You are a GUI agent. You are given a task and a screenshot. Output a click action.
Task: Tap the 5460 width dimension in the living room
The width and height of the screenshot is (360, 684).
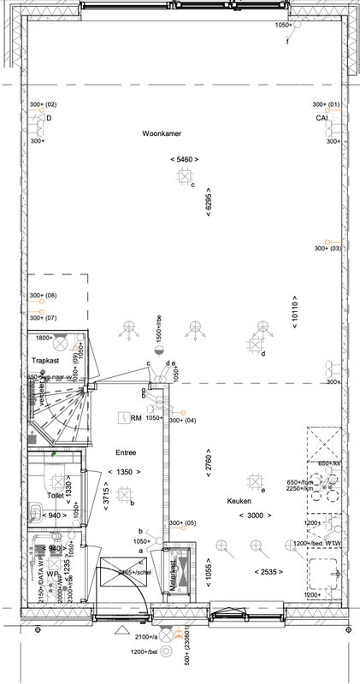pyautogui.click(x=185, y=160)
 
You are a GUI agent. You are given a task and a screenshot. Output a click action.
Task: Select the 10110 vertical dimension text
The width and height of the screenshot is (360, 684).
pyautogui.click(x=294, y=310)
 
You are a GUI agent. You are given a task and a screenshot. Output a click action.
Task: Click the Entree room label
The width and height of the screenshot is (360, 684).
pyautogui.click(x=127, y=451)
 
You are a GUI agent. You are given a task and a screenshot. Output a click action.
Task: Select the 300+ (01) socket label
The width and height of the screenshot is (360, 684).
pyautogui.click(x=328, y=104)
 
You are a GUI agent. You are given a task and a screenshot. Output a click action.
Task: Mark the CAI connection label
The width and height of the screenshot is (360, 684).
pyautogui.click(x=322, y=118)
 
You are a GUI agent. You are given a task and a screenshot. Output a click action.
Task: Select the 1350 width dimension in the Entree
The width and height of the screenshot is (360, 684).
pyautogui.click(x=125, y=471)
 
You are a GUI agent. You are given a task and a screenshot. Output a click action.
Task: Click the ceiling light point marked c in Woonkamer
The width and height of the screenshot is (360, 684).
pyautogui.click(x=184, y=176)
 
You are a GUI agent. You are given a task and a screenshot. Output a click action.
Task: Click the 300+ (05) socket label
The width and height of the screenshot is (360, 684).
pyautogui.click(x=183, y=523)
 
